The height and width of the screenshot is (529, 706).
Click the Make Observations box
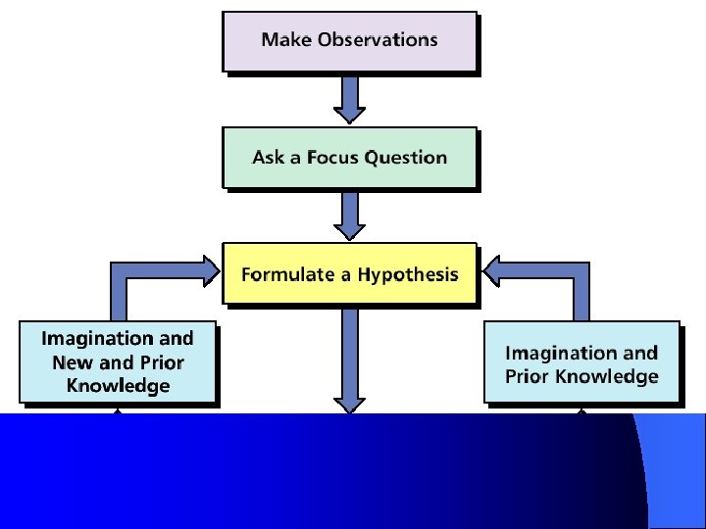(x=349, y=41)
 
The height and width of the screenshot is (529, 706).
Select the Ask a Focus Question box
(x=349, y=157)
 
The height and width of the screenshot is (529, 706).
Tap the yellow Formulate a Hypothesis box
(x=349, y=273)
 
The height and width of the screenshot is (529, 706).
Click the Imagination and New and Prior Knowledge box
(x=118, y=361)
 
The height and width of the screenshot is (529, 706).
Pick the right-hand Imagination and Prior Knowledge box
(x=581, y=361)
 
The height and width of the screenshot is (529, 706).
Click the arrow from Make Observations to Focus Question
(x=349, y=98)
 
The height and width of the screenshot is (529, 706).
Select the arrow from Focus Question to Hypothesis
(x=349, y=214)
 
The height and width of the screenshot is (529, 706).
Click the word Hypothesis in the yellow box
(x=407, y=275)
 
